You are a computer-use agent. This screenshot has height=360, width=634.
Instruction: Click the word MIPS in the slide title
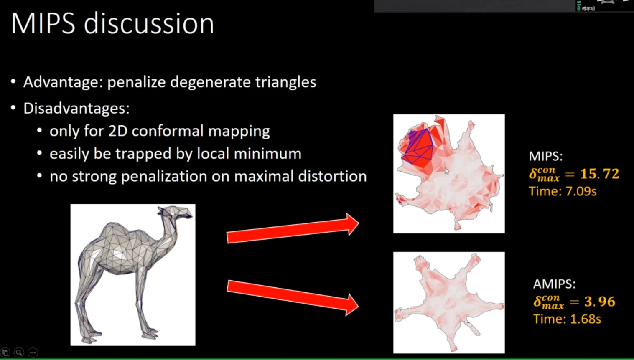point(43,24)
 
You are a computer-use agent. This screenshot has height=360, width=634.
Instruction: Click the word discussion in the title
point(149,24)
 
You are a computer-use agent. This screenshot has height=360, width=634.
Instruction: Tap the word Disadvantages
point(76,108)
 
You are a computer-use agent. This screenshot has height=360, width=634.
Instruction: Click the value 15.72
point(600,174)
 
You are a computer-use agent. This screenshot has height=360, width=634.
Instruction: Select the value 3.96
point(600,302)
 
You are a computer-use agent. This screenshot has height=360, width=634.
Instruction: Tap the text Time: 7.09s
point(563,191)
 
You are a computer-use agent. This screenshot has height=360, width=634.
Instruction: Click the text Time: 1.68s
point(567,319)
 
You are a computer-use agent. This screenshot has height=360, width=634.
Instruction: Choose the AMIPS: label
point(554,284)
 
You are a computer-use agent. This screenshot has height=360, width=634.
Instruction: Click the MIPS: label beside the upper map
point(546,156)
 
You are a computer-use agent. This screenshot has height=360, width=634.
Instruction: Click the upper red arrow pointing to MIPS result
point(293,228)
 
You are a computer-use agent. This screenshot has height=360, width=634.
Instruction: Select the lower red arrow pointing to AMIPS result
point(293,297)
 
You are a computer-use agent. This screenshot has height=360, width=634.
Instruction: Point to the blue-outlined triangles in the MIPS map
point(418,147)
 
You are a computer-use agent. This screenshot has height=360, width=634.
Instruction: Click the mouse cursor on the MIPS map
point(447,171)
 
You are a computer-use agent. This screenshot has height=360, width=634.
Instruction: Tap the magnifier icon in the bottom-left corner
point(19,352)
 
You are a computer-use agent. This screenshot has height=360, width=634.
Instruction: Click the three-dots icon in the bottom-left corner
point(33,352)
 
